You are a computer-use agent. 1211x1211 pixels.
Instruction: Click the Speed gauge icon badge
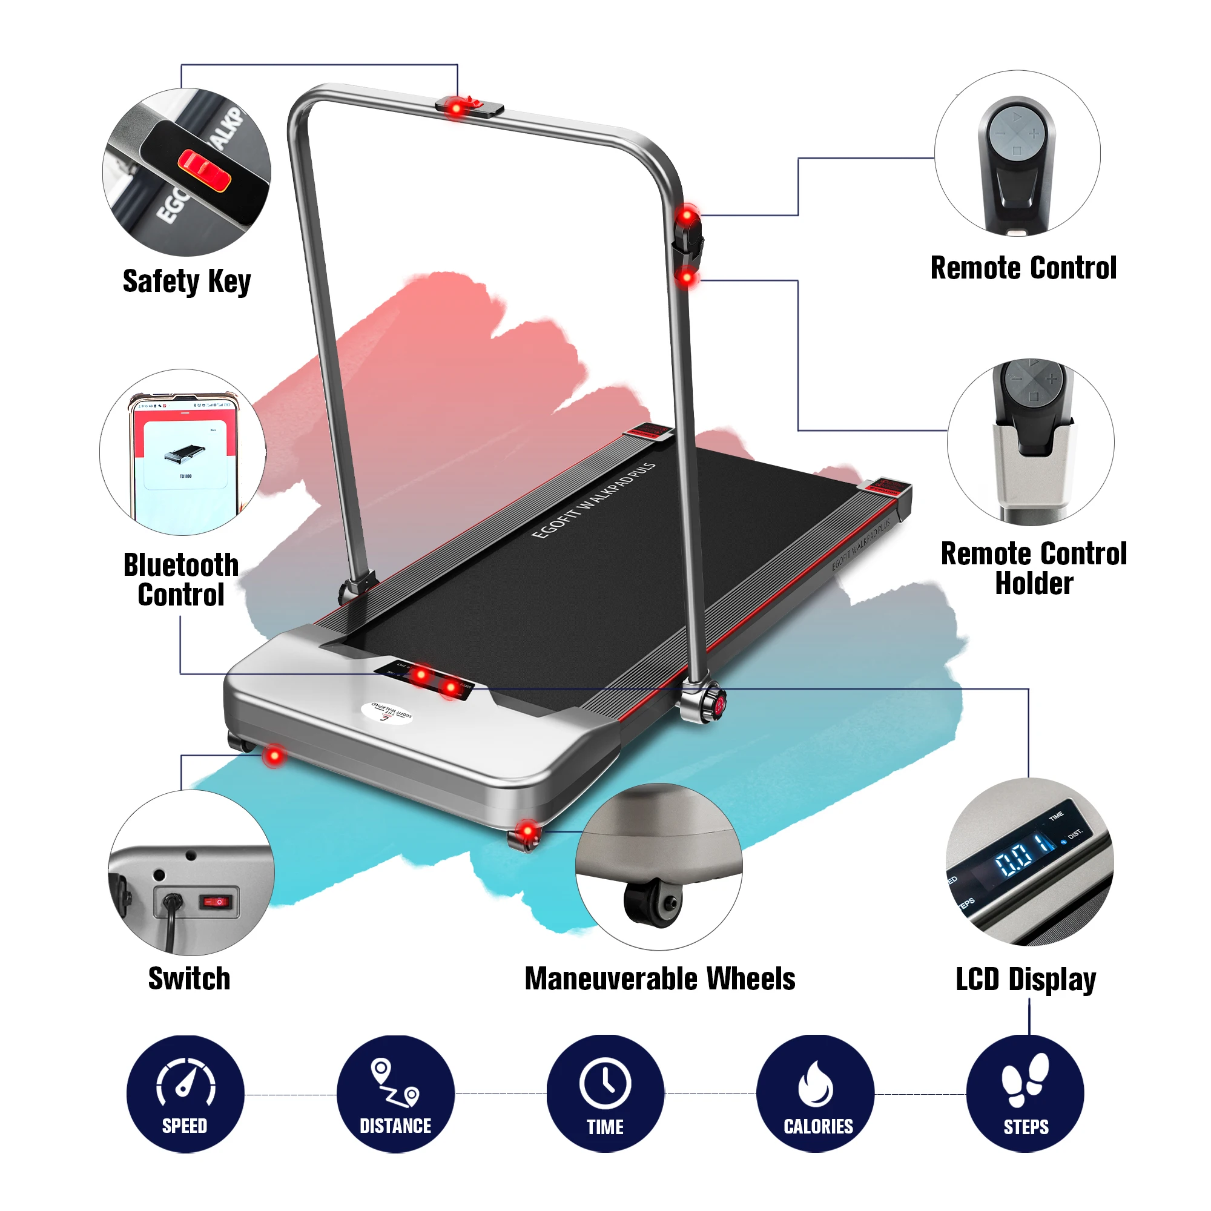tap(185, 1094)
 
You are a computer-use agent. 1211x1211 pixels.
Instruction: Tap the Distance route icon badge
tap(395, 1094)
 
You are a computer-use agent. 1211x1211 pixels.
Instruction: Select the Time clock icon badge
tap(605, 1094)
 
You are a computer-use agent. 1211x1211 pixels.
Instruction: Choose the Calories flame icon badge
tap(815, 1094)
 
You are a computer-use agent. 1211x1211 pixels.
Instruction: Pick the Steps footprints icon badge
tap(1025, 1094)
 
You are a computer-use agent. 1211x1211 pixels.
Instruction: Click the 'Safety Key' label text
tap(186, 282)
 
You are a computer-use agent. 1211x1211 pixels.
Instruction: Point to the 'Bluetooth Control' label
tap(181, 580)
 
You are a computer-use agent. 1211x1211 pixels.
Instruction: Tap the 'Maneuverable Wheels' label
tap(659, 979)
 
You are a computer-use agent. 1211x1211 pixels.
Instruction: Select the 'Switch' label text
tap(190, 979)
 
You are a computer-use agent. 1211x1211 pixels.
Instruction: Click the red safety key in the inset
tap(204, 170)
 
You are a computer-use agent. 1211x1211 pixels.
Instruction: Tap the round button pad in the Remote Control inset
tap(1017, 133)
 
